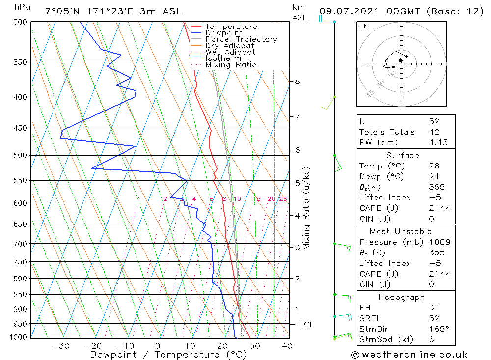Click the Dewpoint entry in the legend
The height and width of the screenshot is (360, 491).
click(x=223, y=33)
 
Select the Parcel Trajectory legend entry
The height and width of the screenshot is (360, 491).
click(x=241, y=39)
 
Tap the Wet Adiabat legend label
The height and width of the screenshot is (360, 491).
click(x=230, y=52)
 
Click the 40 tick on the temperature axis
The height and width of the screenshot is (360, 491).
click(x=287, y=346)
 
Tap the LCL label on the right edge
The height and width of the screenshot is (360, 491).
click(x=306, y=325)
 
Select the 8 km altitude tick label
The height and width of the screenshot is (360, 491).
click(x=297, y=81)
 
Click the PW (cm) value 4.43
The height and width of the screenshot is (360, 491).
click(x=438, y=142)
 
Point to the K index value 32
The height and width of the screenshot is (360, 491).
click(x=434, y=121)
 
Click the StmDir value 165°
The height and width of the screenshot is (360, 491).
click(x=438, y=329)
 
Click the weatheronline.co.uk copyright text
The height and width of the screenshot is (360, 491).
click(x=409, y=354)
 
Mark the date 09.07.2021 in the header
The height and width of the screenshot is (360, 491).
click(x=348, y=11)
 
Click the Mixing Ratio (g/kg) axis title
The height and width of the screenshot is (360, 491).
click(x=307, y=208)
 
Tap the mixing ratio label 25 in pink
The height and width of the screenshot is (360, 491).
click(x=283, y=199)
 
